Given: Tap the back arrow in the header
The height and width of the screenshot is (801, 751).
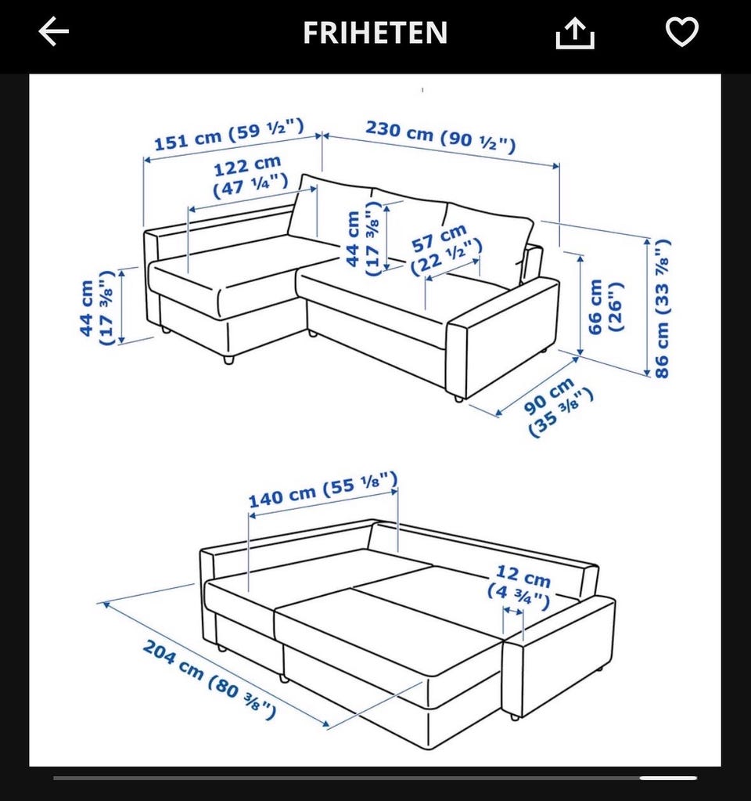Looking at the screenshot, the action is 54,31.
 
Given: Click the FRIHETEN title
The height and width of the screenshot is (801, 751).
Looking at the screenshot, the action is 375,33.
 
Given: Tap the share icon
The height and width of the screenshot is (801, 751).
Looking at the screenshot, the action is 575,33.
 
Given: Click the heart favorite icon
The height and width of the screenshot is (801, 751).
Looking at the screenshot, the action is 682,31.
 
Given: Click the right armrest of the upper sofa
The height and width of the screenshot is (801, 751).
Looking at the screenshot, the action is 503,337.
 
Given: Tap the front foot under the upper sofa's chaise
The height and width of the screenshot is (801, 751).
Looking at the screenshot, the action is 228,359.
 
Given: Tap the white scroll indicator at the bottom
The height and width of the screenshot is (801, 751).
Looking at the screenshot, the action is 668,778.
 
